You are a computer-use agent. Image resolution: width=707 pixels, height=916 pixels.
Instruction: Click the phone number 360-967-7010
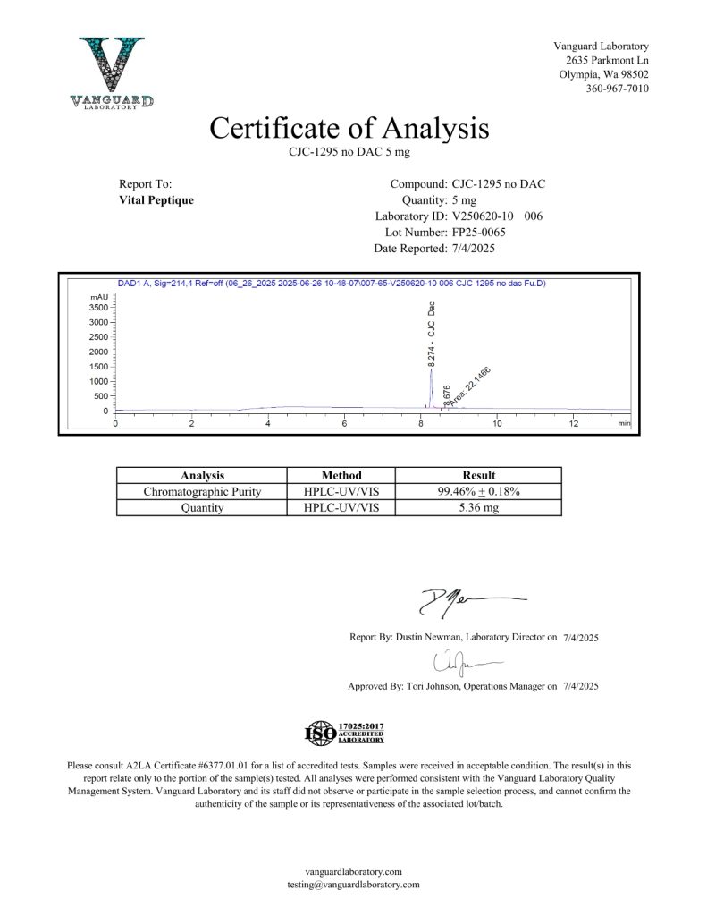click(x=618, y=89)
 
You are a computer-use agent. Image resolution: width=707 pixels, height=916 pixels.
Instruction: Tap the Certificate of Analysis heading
click(x=349, y=128)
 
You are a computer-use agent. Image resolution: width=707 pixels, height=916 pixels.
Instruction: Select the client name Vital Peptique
click(x=156, y=200)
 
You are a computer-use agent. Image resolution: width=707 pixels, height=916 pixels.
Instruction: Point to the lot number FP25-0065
click(x=485, y=233)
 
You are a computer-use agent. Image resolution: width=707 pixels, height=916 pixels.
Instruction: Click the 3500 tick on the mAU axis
click(x=99, y=308)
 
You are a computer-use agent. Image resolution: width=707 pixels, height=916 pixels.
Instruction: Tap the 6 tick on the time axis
click(x=344, y=423)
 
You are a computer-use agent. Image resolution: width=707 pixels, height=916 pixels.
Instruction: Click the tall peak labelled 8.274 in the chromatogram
click(x=431, y=376)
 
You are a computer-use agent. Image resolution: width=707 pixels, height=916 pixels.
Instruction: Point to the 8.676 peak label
click(x=447, y=395)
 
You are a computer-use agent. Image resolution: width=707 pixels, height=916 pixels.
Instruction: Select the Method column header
click(x=341, y=476)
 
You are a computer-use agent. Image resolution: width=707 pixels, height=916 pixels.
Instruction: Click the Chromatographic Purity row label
click(x=202, y=492)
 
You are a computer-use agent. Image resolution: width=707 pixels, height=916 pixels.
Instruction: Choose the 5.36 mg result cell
click(x=478, y=508)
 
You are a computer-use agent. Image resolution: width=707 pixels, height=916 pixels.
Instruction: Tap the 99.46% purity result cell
click(x=478, y=492)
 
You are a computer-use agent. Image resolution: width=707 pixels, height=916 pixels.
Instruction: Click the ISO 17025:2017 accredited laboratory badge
click(x=345, y=734)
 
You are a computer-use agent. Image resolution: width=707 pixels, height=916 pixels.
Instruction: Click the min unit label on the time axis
click(x=624, y=423)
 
